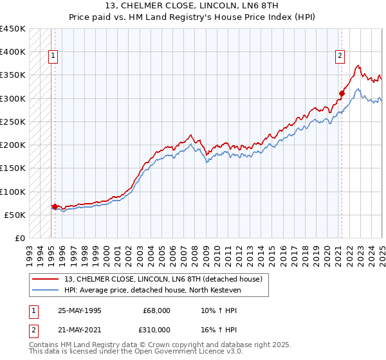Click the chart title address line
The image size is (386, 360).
click(192, 6)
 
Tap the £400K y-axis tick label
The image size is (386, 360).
click(13, 52)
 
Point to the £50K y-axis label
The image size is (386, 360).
click(15, 215)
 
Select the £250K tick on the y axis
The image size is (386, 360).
click(13, 122)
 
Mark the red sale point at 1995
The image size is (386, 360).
click(55, 206)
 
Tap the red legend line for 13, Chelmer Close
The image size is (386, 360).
click(46, 279)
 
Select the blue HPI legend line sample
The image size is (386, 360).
click(46, 290)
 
